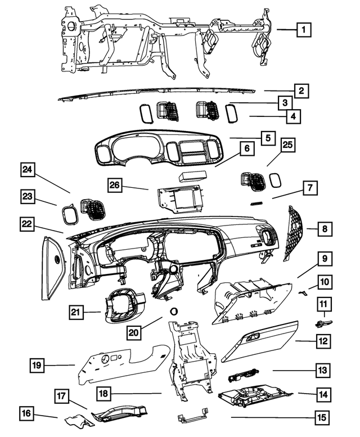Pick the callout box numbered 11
coord(324,305)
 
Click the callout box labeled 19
coord(36,366)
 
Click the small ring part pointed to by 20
coord(173,310)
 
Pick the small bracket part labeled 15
coord(189,418)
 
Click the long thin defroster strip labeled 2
coord(163,93)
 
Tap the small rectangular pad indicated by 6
coord(193,176)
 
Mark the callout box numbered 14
coord(322,395)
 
